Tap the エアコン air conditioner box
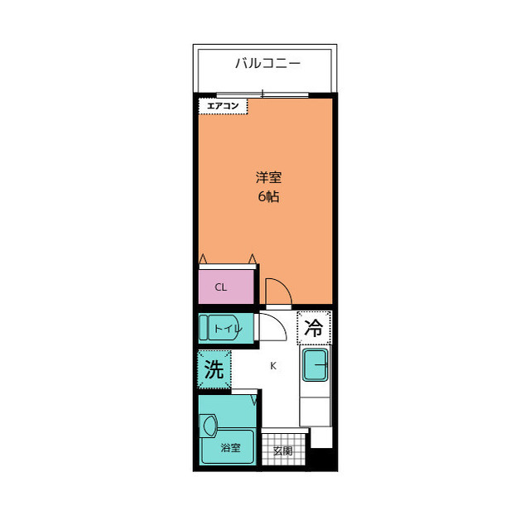click(223, 106)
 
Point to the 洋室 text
click(267, 177)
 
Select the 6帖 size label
click(267, 197)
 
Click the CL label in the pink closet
click(220, 288)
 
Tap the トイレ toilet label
click(229, 329)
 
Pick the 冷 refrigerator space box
click(314, 327)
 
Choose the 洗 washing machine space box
click(214, 370)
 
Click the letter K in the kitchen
click(272, 366)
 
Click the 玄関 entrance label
click(282, 451)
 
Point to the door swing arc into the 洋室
click(279, 289)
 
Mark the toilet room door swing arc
click(273, 327)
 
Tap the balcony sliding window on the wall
click(263, 94)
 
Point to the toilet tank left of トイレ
click(204, 329)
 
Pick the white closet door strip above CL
click(228, 265)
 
